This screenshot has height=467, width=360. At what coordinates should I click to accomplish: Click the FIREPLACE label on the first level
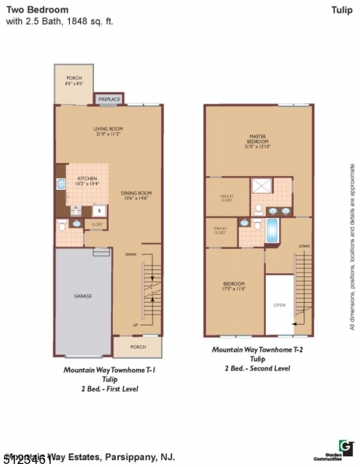pyautogui.click(x=107, y=99)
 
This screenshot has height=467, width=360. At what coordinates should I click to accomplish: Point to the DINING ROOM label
pyautogui.click(x=135, y=195)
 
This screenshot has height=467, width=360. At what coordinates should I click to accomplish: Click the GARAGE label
pyautogui.click(x=82, y=296)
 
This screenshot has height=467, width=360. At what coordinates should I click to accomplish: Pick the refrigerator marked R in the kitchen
pyautogui.click(x=99, y=209)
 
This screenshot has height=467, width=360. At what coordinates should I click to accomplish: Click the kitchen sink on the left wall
pyautogui.click(x=61, y=185)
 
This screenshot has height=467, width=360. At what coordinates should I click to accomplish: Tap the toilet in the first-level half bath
pyautogui.click(x=62, y=226)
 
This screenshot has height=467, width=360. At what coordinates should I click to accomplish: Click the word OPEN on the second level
pyautogui.click(x=279, y=305)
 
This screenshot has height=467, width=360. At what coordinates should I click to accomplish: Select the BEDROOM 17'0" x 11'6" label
pyautogui.click(x=234, y=286)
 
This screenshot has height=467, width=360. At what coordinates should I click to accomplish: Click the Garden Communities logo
pyautogui.click(x=345, y=450)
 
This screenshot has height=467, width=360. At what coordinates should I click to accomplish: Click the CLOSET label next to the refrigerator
pyautogui.click(x=96, y=223)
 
